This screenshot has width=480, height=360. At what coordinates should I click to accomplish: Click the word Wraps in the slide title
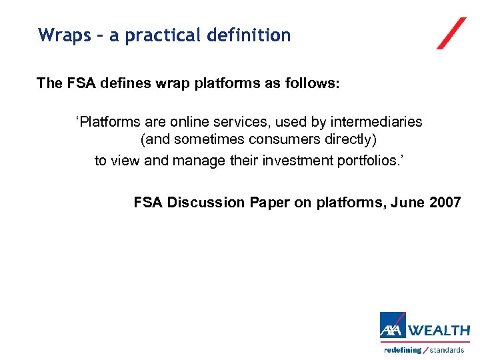65,35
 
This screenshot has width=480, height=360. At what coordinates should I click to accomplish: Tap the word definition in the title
249,35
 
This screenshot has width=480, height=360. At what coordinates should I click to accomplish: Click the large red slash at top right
451,33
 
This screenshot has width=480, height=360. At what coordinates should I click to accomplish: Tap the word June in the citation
407,203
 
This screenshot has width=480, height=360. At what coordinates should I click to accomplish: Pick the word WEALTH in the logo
439,331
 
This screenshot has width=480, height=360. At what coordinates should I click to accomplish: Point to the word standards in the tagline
447,350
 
